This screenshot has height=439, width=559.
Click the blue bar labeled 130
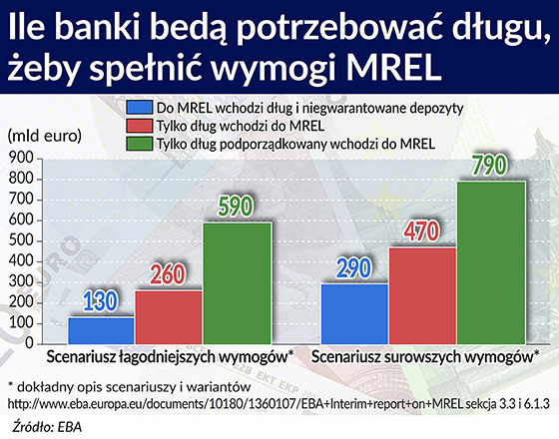[101, 330]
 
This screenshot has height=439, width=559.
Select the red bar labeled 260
[169, 317]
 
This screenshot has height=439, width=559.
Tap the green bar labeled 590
[238, 283]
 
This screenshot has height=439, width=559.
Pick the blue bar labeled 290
[354, 314]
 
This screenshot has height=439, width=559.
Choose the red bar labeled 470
[422, 295]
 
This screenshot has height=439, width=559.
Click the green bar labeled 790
[491, 262]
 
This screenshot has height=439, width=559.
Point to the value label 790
[489, 166]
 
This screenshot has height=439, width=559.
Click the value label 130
[100, 301]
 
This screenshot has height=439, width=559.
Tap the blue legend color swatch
[140, 108]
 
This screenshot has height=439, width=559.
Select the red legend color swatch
[140, 126]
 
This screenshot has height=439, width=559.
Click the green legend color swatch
[140, 144]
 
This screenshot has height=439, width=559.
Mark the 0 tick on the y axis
[29, 344]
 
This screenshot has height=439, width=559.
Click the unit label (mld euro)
[45, 136]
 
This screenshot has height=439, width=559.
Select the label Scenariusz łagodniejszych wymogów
[170, 357]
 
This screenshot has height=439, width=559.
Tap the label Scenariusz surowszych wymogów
[423, 357]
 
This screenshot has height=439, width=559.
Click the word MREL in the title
[394, 68]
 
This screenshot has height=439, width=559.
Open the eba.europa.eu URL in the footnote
[235, 404]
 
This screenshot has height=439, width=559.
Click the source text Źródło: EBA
[47, 427]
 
